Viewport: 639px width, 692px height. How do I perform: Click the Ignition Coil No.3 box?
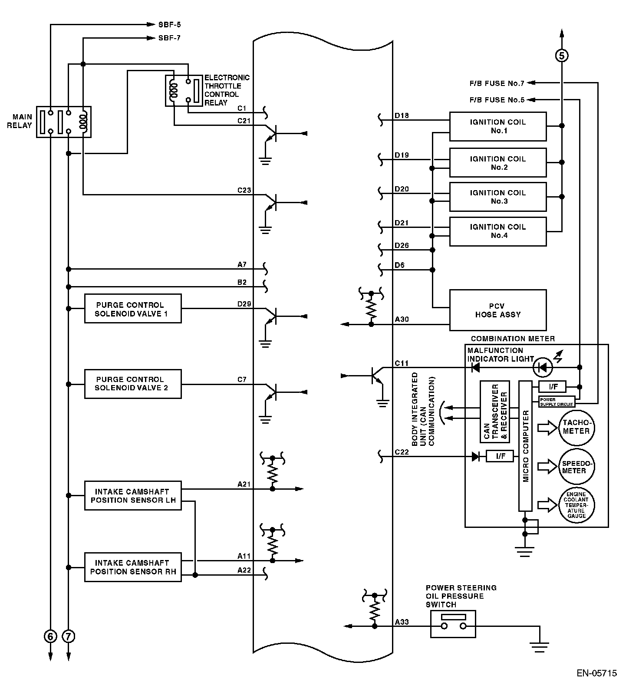coord(497,197)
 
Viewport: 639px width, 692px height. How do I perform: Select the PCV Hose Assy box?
coord(497,310)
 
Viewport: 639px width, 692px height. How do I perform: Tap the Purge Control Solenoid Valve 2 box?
coord(132,384)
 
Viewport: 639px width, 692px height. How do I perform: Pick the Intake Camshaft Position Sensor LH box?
coord(132,495)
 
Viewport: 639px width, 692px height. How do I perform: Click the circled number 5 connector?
coord(562,56)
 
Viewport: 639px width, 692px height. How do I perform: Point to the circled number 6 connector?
coord(50,636)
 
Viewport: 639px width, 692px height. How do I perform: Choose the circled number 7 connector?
coord(69,636)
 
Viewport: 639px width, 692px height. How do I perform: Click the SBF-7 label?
coord(169,38)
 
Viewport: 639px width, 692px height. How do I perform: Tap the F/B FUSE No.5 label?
coord(497,100)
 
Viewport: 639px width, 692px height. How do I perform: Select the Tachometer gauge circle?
coord(576,427)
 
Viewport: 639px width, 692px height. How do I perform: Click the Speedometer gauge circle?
coord(576,467)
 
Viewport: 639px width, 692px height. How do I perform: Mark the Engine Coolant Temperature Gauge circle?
coord(576,505)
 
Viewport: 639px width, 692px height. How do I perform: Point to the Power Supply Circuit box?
coord(557,402)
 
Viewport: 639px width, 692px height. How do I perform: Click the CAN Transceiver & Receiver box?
coord(495,412)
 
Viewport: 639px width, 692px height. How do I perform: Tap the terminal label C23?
coord(244,190)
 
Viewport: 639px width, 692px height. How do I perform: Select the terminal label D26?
coord(402,246)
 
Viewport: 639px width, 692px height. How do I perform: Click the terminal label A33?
coord(402,622)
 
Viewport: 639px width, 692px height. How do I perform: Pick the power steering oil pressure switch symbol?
coord(453,624)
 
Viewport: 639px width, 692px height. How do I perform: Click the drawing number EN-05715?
coord(596,673)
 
